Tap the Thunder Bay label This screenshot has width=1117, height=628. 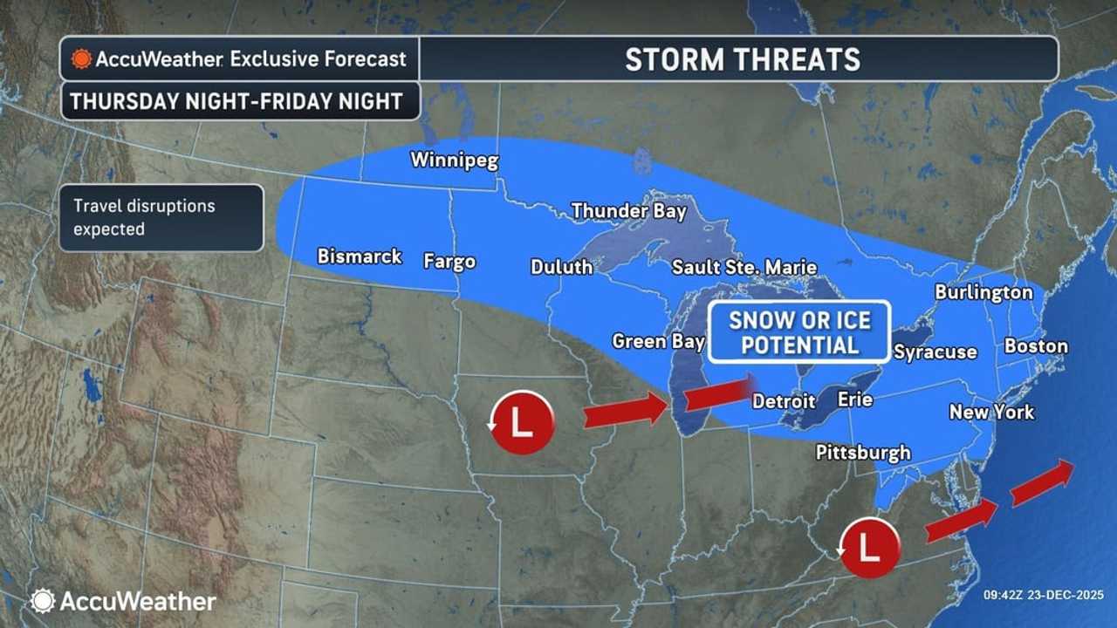pos(628,211)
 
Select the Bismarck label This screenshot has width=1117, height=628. pos(360,256)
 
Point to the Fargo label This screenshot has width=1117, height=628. pos(449,261)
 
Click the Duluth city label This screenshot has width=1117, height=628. pos(561,267)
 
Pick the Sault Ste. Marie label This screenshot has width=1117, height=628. pos(744,267)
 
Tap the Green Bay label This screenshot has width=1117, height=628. pos(658,341)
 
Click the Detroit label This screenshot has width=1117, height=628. pos(784,401)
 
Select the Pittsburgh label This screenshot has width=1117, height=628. pos(863,452)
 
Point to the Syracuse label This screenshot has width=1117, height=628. pos(935,352)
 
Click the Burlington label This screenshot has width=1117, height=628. pos(983,292)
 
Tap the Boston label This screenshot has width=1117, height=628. pos(1036,346)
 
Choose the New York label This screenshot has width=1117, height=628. pos(991,412)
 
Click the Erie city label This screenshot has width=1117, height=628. pos(854,399)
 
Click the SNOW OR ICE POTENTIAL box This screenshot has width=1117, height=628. pos(799,332)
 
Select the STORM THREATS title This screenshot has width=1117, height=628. pos(742,59)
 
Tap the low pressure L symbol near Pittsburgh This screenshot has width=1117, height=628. pos(869,547)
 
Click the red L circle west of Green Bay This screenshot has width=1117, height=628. pos(521,422)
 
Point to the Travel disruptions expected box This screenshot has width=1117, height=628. pos(161,218)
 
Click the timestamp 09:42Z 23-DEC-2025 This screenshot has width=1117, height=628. pos(1044,595)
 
